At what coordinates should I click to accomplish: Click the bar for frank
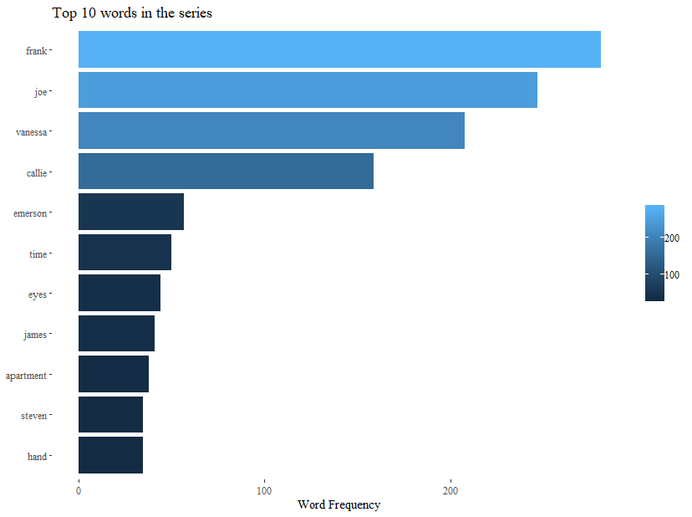tap(339, 49)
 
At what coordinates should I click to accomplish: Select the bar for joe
tap(308, 90)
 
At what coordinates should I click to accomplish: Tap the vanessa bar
tap(272, 131)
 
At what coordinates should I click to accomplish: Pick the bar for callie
tap(226, 171)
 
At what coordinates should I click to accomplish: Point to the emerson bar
tap(131, 212)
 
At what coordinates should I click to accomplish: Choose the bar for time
tap(125, 253)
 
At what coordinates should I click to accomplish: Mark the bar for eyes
tap(120, 293)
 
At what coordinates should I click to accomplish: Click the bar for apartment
tap(114, 374)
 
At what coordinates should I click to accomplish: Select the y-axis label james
tap(35, 335)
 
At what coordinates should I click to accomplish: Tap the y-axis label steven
tap(33, 416)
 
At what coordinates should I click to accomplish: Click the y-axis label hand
tap(37, 457)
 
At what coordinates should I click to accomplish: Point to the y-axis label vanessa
tap(31, 131)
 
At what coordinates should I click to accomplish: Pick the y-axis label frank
tap(36, 51)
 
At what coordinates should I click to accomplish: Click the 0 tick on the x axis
tap(79, 490)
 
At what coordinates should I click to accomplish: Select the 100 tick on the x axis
tap(264, 490)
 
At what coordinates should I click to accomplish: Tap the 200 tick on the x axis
tap(450, 490)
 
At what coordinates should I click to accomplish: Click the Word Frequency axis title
tap(338, 504)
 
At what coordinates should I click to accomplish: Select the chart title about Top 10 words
tap(132, 13)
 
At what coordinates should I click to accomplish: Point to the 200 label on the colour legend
tap(671, 238)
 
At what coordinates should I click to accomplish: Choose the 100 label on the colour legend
tap(671, 274)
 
